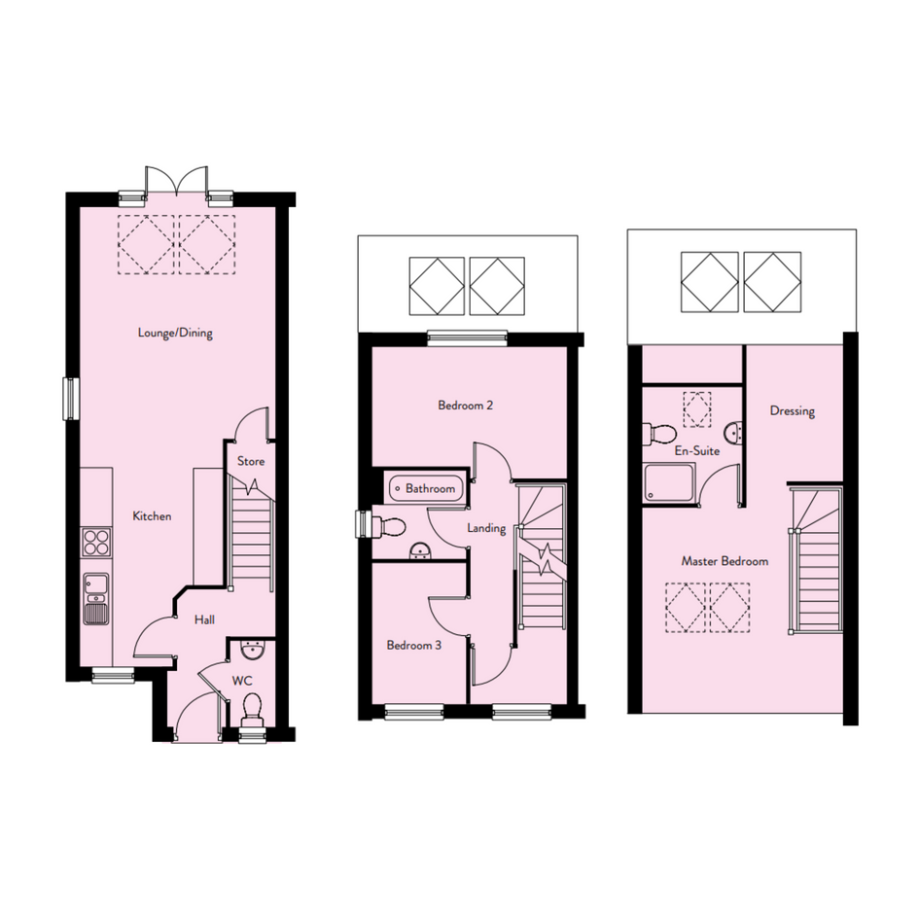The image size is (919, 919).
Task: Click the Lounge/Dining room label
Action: [175, 333]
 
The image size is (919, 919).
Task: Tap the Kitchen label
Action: [152, 516]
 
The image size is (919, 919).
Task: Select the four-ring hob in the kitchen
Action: [96, 542]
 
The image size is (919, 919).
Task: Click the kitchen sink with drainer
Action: [96, 598]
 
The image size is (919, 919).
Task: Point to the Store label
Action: [251, 461]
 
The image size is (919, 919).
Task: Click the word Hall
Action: [204, 619]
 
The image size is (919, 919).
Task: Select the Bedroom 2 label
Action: [466, 405]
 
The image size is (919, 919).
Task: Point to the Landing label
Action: [486, 528]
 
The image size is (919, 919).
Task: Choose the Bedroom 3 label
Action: [413, 646]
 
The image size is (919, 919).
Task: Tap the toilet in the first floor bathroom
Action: [389, 526]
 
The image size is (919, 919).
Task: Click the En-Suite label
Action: [697, 450]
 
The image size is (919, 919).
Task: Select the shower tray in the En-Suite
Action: [669, 482]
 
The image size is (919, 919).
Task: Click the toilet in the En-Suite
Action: [659, 434]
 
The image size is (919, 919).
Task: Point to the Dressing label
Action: [793, 410]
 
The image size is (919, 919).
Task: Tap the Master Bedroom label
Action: [725, 561]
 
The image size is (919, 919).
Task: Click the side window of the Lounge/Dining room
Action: [70, 399]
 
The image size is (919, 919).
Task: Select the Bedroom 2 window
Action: [467, 337]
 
